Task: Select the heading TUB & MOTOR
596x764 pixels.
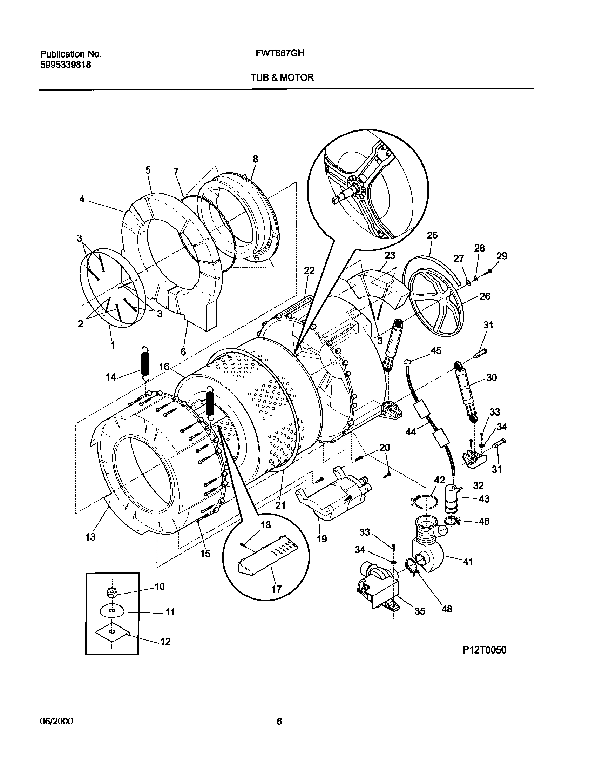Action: (x=282, y=78)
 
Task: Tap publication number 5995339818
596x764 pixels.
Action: (x=66, y=65)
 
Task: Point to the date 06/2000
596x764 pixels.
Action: (x=56, y=722)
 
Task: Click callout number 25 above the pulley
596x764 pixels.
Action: (x=432, y=235)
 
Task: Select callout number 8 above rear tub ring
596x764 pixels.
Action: (x=255, y=159)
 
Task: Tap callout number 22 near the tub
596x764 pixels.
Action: (x=309, y=270)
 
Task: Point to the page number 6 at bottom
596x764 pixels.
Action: (x=279, y=722)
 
